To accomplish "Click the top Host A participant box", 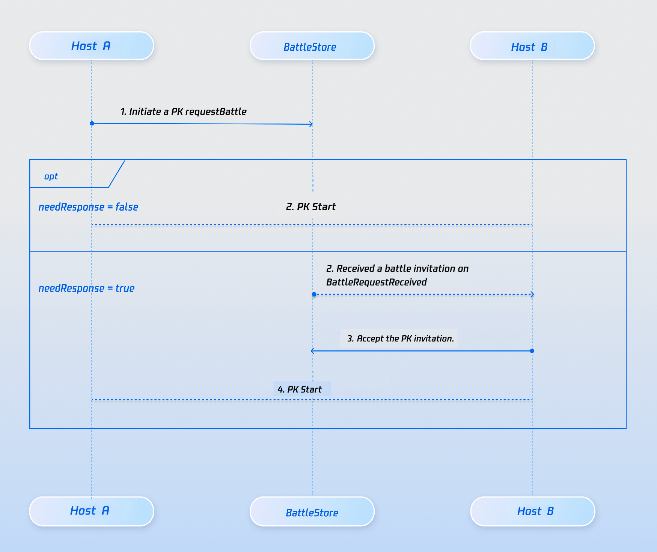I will coord(92,46).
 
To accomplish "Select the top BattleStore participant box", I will coord(312,46).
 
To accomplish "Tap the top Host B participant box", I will coord(532,46).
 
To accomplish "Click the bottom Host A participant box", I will coord(92,511).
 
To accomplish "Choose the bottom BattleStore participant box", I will coord(312,511).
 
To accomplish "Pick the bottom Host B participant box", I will coord(533,511).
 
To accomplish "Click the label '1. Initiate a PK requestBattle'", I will coord(183,112).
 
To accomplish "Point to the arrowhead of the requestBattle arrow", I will coord(311,124).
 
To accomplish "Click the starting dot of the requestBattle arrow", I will coord(92,123).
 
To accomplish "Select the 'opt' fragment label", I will coord(51,176).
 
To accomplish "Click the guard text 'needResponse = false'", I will coord(88,207).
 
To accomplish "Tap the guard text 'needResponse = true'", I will coord(86,288).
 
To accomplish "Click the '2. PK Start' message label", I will coord(311,207).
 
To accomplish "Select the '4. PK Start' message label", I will coord(300,389).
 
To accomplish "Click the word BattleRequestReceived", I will coord(377,282).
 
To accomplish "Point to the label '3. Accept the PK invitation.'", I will coord(400,339).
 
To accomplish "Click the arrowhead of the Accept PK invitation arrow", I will coord(312,351).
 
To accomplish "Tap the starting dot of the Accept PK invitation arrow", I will coord(532,351).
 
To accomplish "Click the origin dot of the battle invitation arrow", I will coord(314,294).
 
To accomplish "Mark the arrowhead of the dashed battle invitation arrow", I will coord(532,294).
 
